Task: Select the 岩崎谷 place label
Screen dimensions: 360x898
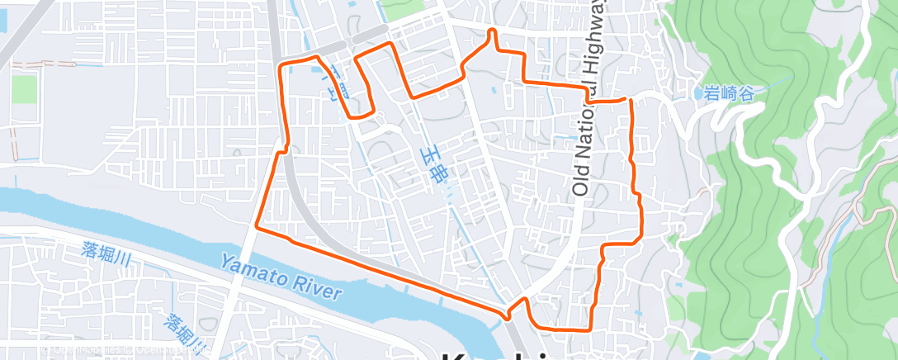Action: (730, 93)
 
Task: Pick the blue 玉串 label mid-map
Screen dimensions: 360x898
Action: (435, 165)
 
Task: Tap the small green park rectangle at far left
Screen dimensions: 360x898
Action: (25, 88)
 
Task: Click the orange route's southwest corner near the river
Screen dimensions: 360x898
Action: (257, 225)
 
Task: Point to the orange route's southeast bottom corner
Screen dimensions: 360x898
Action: (589, 329)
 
